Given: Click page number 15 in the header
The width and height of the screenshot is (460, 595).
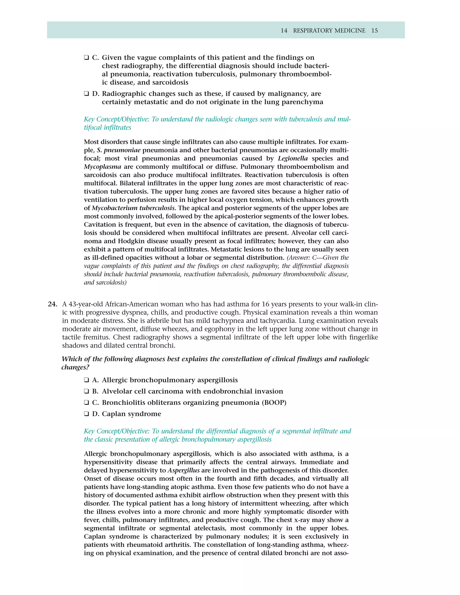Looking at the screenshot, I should (374, 31).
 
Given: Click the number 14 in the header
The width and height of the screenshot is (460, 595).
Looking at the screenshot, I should (284, 31).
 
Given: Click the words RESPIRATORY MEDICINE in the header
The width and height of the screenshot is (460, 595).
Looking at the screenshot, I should (329, 31).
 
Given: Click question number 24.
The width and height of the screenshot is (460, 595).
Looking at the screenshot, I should (52, 304).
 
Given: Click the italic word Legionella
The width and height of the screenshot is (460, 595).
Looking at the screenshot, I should (293, 159).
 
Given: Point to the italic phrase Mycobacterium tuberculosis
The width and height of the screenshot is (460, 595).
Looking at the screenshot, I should (133, 208).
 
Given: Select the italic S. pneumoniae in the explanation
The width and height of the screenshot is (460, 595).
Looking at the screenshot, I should (119, 150).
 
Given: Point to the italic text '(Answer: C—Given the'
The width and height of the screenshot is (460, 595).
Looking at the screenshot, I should (317, 258).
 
